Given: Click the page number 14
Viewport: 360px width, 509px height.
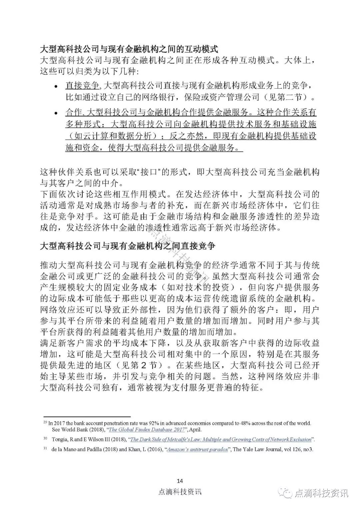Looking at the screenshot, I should (x=180, y=481).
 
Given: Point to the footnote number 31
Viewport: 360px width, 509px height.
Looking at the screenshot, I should (x=45, y=449).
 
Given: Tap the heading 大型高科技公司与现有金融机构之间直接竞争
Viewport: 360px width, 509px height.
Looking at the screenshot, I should (x=127, y=246).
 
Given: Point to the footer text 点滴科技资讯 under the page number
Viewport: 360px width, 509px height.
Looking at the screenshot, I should (x=180, y=492).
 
